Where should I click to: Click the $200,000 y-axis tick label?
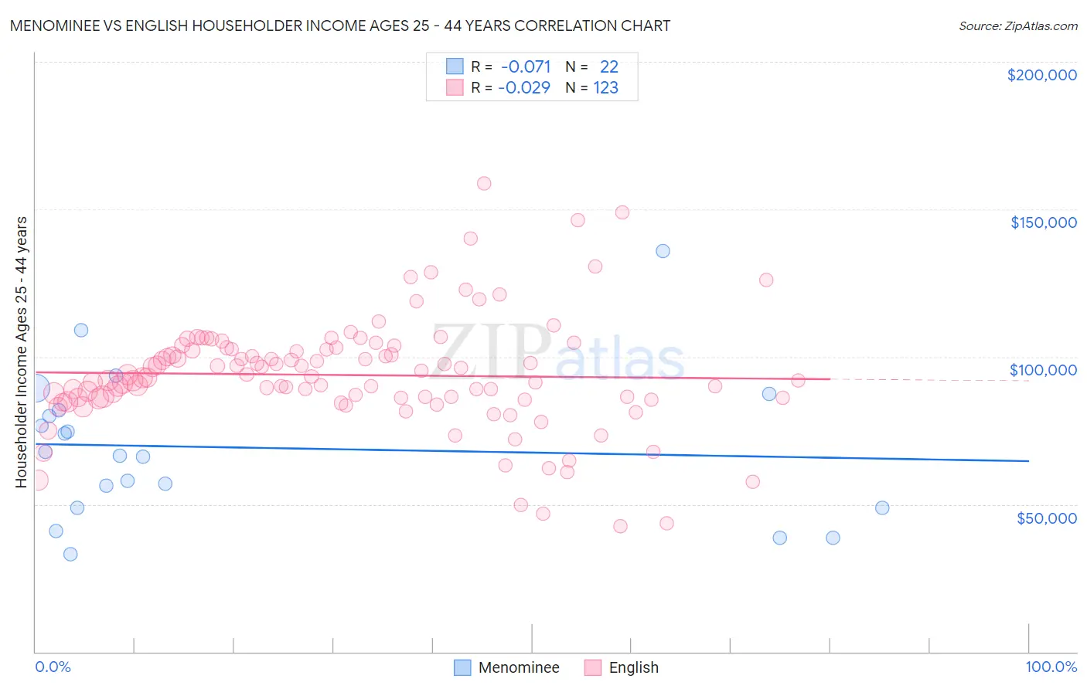tap(1041, 75)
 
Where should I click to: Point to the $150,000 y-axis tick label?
tap(1043, 222)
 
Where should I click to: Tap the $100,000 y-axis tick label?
tap(1043, 370)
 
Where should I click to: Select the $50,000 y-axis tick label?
tap(1046, 518)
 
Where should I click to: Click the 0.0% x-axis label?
tap(53, 667)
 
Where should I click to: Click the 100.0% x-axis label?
tap(1051, 667)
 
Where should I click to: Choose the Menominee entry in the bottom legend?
tap(518, 667)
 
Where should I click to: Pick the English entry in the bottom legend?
tap(633, 667)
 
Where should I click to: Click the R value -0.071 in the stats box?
tap(526, 67)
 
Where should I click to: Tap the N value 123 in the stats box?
tap(605, 88)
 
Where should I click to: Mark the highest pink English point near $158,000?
tap(484, 183)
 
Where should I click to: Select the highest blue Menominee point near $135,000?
tap(663, 251)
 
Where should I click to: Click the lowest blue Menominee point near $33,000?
tap(70, 554)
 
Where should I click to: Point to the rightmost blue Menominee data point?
tap(882, 507)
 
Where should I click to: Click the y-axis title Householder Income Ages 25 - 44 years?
tap(22, 352)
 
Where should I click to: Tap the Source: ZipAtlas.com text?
tap(1017, 26)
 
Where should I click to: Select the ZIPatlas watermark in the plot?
tap(557, 352)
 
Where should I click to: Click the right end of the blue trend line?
tap(1028, 460)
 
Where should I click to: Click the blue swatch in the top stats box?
tap(454, 66)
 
